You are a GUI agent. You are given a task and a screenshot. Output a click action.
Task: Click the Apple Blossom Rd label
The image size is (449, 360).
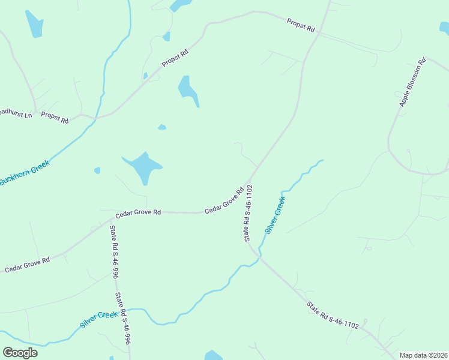[x=412, y=83]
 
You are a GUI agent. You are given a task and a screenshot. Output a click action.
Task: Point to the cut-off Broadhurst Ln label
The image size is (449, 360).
[x=15, y=113]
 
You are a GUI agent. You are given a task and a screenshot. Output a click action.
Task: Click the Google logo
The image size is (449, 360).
[x=20, y=353]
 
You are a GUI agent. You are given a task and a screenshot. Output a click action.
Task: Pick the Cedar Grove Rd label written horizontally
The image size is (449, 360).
[x=139, y=212]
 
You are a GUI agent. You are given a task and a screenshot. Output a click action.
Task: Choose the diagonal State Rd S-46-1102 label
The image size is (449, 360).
[x=333, y=316]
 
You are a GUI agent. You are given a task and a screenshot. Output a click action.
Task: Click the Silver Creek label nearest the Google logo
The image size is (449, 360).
[x=99, y=319]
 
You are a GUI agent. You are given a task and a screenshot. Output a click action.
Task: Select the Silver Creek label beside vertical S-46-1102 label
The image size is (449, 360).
[x=275, y=215]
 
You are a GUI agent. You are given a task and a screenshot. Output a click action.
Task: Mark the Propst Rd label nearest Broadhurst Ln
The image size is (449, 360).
[x=55, y=117]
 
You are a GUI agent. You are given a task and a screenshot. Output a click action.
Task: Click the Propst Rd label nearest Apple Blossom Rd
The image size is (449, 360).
[x=301, y=25]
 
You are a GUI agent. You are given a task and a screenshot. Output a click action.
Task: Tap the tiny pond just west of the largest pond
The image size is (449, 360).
[x=97, y=170]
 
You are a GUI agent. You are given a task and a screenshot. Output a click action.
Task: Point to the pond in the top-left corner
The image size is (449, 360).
[x=34, y=24]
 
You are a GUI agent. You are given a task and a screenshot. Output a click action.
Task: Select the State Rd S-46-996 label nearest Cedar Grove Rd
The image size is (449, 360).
[x=113, y=252]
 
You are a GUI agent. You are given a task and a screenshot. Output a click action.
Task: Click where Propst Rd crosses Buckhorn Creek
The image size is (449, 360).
[x=94, y=118]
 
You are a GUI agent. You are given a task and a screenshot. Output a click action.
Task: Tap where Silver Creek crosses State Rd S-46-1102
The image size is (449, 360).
[x=259, y=254]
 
